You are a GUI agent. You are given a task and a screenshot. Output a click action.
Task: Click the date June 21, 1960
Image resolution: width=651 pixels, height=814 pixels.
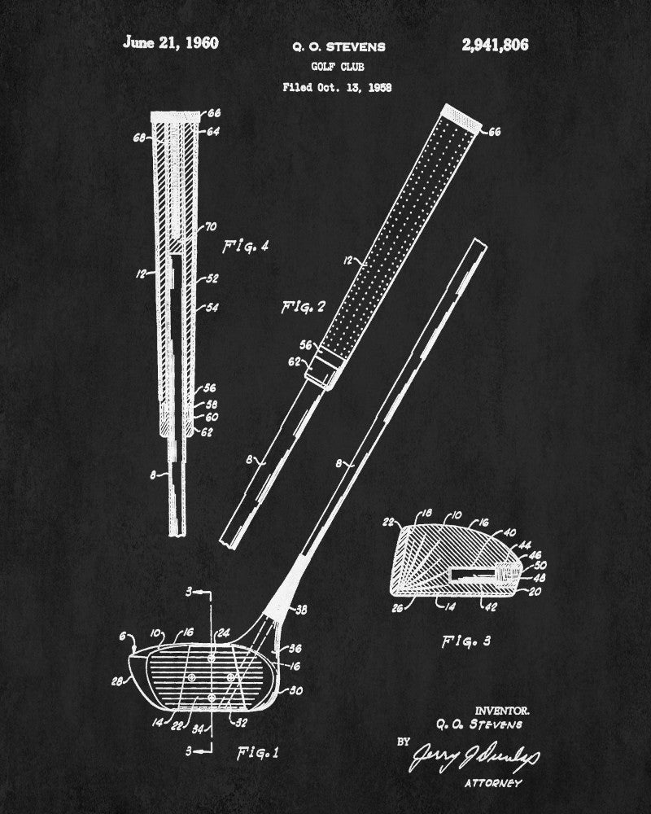tap(170, 43)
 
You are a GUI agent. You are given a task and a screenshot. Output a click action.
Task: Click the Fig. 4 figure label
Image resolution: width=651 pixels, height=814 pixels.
tap(246, 245)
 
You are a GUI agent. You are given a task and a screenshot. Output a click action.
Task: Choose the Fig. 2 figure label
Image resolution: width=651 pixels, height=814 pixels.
tap(303, 307)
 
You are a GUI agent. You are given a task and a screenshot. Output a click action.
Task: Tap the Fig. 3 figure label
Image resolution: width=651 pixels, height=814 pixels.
tap(467, 641)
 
